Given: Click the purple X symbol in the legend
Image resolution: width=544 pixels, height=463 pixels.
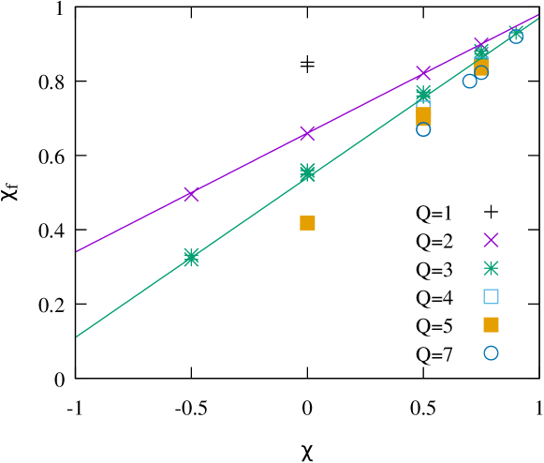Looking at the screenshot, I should tap(491, 240).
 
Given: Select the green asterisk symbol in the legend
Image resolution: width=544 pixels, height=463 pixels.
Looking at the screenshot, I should tap(491, 268).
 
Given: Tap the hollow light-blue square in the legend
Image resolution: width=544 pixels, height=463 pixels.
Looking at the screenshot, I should tap(491, 296).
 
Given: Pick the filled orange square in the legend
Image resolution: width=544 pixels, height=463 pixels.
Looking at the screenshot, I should tap(491, 324).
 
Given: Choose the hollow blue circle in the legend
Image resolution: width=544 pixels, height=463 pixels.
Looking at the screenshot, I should tap(491, 353).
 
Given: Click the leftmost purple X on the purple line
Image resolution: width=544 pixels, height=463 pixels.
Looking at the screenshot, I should tap(191, 194).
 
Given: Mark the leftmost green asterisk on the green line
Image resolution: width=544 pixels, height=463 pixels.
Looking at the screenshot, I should tap(191, 257).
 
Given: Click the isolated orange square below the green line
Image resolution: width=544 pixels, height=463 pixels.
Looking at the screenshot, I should tap(307, 223).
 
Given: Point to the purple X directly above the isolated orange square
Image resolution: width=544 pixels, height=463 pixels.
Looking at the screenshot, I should tap(307, 133).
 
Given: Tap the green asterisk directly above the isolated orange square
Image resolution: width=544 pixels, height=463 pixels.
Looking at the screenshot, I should tap(307, 172).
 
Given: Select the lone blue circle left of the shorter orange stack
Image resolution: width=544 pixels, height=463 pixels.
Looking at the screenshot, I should tap(470, 82).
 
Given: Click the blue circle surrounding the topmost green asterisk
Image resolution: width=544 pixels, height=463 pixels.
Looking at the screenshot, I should tap(516, 36).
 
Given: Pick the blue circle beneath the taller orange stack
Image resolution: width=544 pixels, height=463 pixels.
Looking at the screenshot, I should tap(423, 129).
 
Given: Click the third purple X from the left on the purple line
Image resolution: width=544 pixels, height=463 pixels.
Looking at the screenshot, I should tap(423, 72).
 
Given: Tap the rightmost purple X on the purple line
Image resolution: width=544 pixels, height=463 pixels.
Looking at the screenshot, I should tap(481, 44).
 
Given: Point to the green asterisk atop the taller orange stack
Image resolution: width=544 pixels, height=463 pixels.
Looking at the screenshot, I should tap(423, 93).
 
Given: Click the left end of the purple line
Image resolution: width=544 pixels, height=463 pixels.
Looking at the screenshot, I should tap(77, 251).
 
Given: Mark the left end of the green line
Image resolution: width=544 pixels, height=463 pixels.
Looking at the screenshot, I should tap(77, 336).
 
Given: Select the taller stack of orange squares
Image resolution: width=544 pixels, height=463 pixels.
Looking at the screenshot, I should tap(423, 114).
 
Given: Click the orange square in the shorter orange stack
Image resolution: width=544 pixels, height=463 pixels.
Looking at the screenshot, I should tap(481, 66).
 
